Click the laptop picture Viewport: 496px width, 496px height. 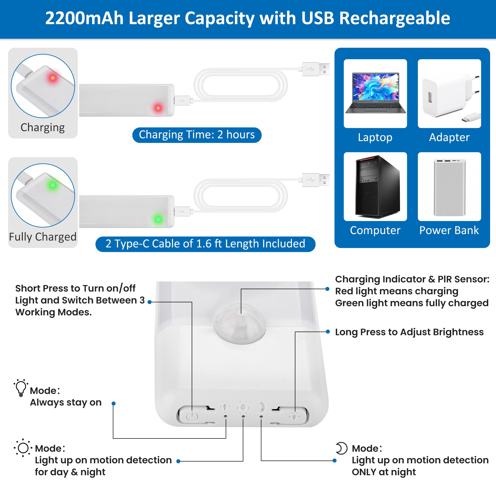click(375, 93)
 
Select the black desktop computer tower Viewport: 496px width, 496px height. click(377, 187)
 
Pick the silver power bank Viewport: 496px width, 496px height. click(449, 187)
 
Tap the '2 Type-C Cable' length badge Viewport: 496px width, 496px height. click(205, 244)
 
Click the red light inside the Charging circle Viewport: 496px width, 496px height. click(53, 78)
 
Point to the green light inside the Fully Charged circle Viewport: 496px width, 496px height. click(53, 185)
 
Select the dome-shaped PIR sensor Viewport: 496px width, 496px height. click(240, 324)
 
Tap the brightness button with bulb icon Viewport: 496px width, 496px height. click(293, 415)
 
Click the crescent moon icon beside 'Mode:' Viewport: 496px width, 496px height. click(341, 448)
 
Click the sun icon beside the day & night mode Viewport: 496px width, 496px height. click(23, 448)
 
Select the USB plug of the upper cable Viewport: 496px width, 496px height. click(316, 69)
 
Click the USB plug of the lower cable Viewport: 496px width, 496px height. click(316, 180)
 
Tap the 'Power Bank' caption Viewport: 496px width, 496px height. click(449, 230)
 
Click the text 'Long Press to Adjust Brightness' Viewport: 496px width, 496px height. click(409, 332)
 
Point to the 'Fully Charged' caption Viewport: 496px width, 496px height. click(43, 237)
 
